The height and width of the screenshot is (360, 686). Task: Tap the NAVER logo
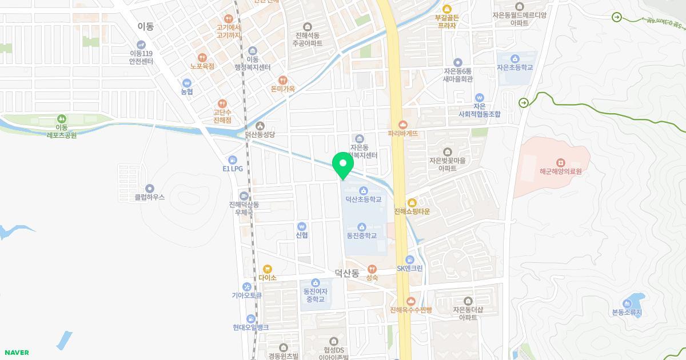point(17,353)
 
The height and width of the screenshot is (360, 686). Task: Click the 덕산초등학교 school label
point(363,199)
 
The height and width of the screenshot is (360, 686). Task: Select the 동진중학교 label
point(361,235)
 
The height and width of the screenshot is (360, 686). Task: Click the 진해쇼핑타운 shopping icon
point(412,203)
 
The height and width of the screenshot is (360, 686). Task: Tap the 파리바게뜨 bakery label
point(403,134)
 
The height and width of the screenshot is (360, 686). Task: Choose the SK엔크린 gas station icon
point(410,260)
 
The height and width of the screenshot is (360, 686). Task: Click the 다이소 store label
point(267,278)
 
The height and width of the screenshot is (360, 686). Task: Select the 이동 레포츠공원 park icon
point(62,118)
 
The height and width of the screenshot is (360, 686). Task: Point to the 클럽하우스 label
point(149,197)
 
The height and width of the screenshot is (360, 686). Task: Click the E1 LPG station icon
point(233,160)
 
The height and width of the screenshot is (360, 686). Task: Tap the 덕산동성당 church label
point(260,134)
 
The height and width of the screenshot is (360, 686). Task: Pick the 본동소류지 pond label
point(627,313)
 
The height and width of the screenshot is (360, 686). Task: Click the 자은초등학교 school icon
point(514,59)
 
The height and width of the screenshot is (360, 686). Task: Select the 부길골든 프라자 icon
point(446,9)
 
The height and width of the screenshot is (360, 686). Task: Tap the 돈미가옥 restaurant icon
point(282,80)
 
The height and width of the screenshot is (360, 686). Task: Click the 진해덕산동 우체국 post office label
point(244,208)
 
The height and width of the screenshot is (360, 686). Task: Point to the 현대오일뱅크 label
point(250,327)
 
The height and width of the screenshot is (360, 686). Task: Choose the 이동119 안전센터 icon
point(141,45)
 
